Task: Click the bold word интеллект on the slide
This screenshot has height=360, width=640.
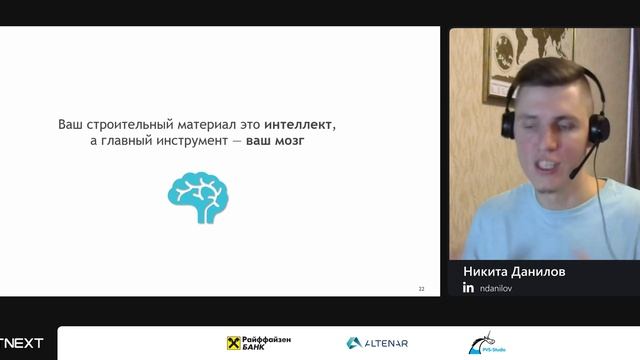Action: pos(300,125)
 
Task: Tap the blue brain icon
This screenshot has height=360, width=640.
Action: pos(198,196)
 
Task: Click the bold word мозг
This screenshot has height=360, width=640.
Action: pos(289,143)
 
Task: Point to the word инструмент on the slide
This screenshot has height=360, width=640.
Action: pos(197,143)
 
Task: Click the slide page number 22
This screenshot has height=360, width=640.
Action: pos(421,289)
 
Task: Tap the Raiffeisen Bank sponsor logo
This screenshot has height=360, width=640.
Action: pos(259,343)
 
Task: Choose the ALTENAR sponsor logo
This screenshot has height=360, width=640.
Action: pos(377,343)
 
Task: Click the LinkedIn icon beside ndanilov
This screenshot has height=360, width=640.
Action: pos(468,288)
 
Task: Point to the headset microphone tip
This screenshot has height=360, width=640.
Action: pos(574,175)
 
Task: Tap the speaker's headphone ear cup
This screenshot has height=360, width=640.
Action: pos(598,127)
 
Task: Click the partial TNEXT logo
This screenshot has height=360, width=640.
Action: pos(21,343)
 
